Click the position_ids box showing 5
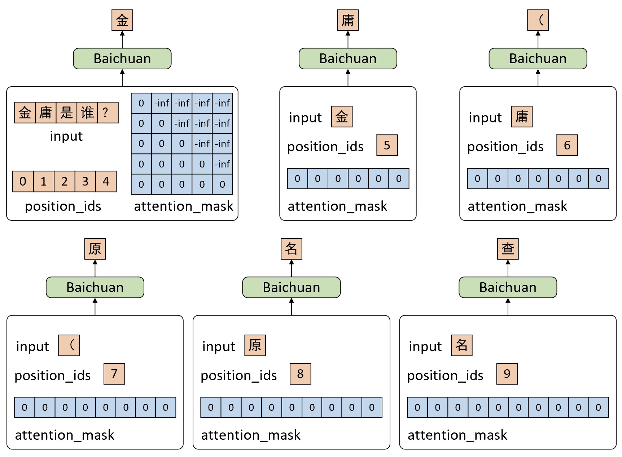click(387, 145)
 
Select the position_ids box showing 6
click(567, 145)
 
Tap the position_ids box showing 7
click(114, 374)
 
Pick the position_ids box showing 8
click(300, 374)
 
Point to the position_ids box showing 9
click(507, 374)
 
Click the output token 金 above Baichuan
click(122, 20)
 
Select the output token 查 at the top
click(508, 249)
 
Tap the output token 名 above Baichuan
click(291, 249)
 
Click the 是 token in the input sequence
click(66, 113)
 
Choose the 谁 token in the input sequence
click(87, 113)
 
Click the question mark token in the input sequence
click(108, 113)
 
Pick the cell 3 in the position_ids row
click(85, 181)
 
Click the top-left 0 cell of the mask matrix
click(141, 103)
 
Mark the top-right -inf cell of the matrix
click(223, 103)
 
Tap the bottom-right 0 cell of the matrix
click(223, 184)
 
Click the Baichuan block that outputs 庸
click(348, 58)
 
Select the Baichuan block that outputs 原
click(95, 287)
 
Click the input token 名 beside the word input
click(461, 345)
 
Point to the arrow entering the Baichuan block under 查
click(508, 307)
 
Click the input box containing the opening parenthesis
click(69, 345)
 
